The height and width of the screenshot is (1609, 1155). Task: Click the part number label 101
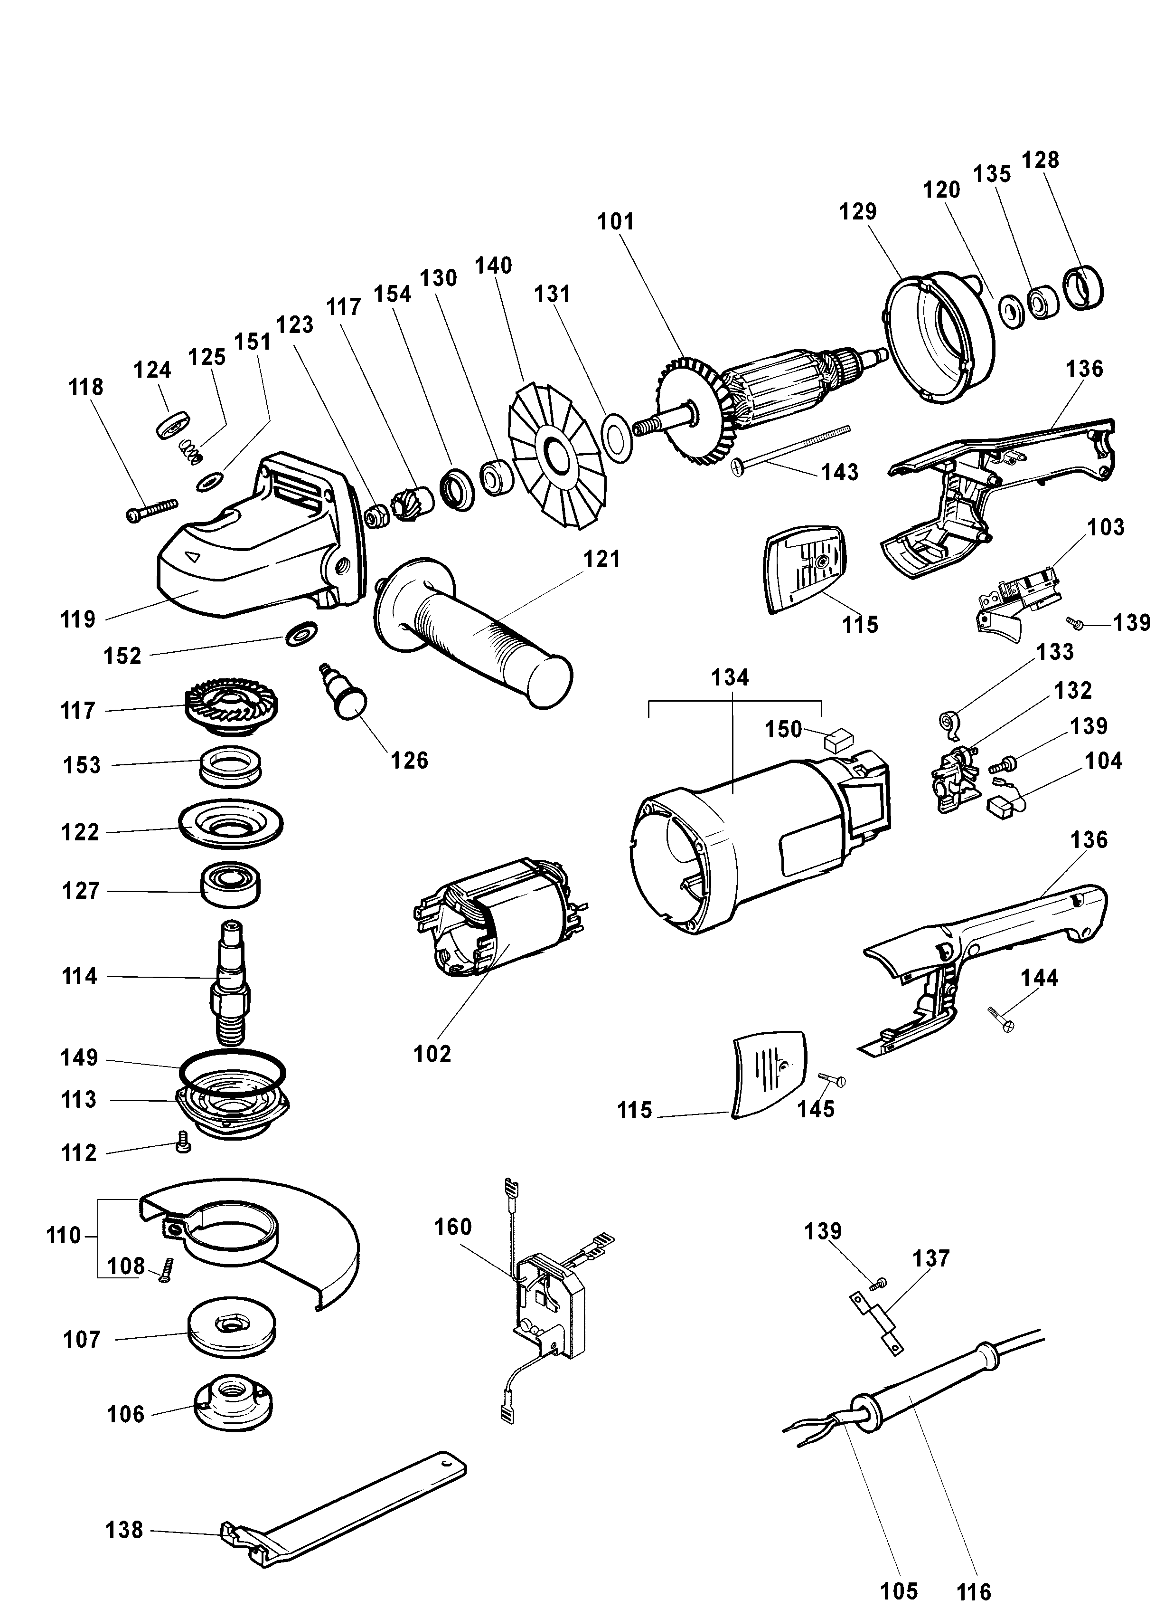tap(615, 222)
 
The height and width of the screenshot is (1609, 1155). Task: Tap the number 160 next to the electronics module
tap(452, 1227)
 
